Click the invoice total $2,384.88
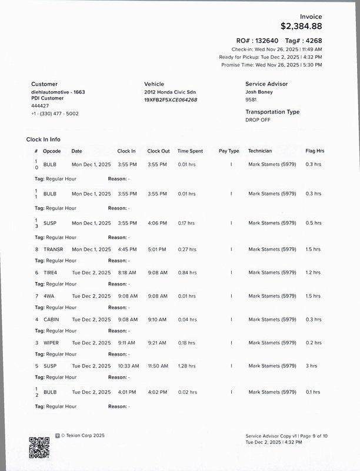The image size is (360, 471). coord(301,26)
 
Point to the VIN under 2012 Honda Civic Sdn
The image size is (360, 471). coord(171,100)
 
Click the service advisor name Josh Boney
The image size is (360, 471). coord(259,92)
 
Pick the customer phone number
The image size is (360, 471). coord(55,114)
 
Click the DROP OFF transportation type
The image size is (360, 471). coord(258,120)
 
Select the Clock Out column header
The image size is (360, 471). coord(158,151)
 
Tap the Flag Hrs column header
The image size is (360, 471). coord(315,151)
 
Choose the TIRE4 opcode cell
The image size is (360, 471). coord(51,273)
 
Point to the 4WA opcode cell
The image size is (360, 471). coord(49,296)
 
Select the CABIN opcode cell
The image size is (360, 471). coord(51,320)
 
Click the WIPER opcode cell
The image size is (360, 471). coord(51,343)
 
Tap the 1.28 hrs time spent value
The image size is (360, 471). coord(186,366)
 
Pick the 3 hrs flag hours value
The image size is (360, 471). coord(311,366)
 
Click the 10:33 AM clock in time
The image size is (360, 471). coord(128,366)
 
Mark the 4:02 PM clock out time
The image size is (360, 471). coord(157,392)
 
